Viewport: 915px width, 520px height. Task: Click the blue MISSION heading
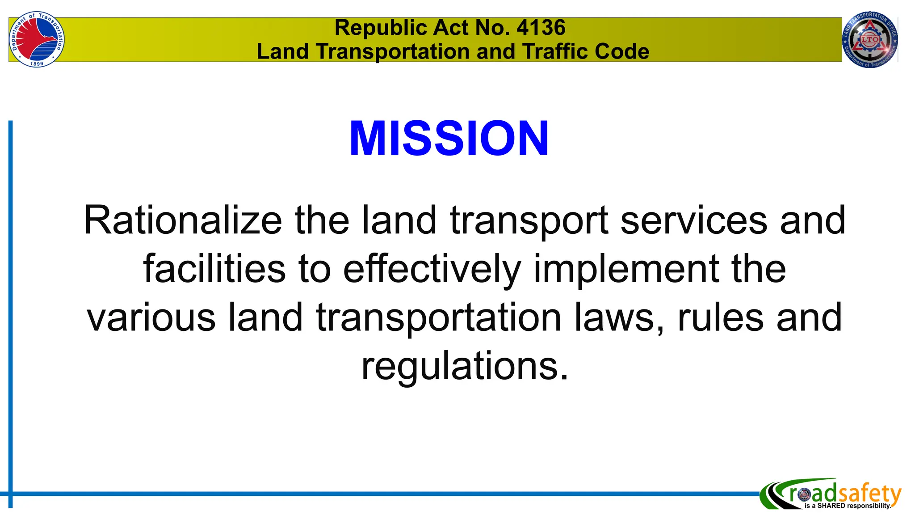click(x=449, y=139)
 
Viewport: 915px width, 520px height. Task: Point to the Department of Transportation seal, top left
click(x=37, y=39)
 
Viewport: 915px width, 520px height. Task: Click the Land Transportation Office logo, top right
click(x=869, y=39)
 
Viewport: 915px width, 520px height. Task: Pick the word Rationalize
click(x=183, y=220)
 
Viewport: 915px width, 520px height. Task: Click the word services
click(x=694, y=220)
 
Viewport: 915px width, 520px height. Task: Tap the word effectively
click(x=432, y=269)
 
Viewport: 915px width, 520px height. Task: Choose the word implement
click(x=626, y=269)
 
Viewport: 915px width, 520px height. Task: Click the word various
click(x=151, y=317)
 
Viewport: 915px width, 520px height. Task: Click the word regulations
click(x=465, y=366)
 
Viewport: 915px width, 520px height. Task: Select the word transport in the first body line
click(x=529, y=220)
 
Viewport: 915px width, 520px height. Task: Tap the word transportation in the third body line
click(x=439, y=317)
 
